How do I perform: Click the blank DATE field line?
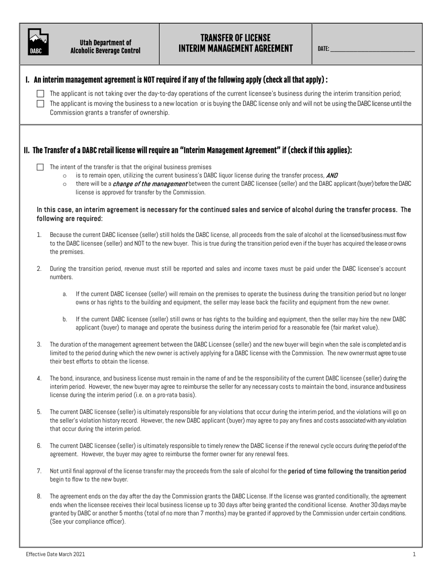tap(372, 49)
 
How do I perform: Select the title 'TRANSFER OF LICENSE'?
tap(235, 38)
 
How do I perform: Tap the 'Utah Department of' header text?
tap(105, 42)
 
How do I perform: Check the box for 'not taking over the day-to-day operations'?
tap(40, 93)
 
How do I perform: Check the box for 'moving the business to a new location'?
tap(40, 104)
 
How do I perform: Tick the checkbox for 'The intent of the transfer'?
tap(40, 167)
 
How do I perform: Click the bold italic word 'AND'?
tap(332, 175)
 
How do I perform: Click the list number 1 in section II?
tap(39, 235)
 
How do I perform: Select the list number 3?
tap(39, 344)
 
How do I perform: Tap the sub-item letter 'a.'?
tap(65, 294)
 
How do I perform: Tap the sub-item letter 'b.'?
tap(65, 319)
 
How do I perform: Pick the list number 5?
tap(39, 412)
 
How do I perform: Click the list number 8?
tap(39, 496)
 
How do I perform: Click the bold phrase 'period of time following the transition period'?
tap(347, 471)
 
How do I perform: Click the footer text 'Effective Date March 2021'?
tap(55, 554)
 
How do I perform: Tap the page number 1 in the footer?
tap(414, 554)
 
